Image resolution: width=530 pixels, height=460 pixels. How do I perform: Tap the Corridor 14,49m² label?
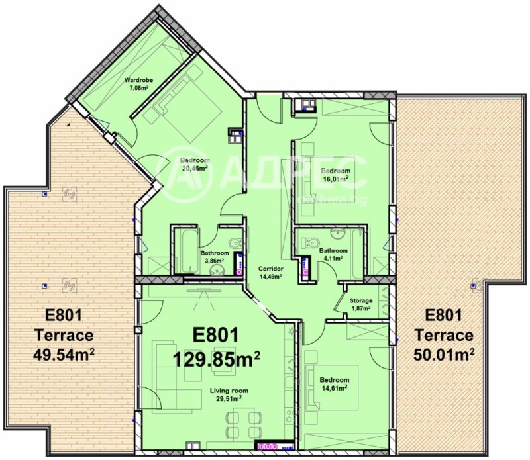tap(272, 273)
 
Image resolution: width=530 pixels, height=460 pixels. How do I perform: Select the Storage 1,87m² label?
tap(360, 304)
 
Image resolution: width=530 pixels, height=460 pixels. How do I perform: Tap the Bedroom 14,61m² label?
tap(334, 384)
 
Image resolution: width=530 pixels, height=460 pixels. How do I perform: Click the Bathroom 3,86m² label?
tap(215, 257)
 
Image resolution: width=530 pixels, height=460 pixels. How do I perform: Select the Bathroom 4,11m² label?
tap(333, 254)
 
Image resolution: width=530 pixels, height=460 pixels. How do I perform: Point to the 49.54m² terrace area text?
tap(64, 354)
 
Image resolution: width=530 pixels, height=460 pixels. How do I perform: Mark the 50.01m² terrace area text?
tap(444, 354)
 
